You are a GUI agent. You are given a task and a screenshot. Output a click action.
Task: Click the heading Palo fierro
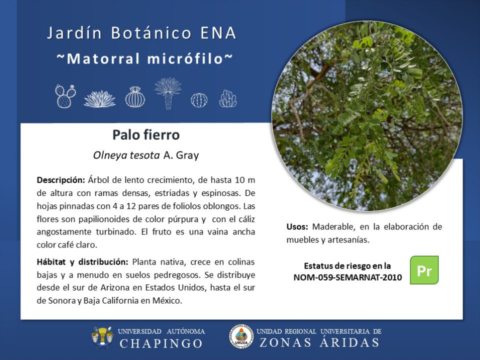146,134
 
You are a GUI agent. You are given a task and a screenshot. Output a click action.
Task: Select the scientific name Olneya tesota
126,155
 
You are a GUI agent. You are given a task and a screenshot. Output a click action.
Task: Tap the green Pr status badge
424,270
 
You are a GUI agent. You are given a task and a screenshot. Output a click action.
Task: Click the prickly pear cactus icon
65,96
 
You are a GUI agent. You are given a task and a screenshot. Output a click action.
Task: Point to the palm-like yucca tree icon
168,93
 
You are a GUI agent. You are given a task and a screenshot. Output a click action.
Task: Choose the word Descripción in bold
61,180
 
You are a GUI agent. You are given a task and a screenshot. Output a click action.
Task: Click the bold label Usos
297,227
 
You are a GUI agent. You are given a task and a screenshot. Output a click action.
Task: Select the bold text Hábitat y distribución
82,262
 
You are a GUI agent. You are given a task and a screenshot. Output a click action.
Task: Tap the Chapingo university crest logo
102,337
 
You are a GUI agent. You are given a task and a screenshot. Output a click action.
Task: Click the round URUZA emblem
241,336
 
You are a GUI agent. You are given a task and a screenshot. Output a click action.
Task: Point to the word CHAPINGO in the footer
161,343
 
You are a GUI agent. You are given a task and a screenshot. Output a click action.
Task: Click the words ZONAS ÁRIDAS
319,342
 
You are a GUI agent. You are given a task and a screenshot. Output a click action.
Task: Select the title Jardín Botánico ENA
141,33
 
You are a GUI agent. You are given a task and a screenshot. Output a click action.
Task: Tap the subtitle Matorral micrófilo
145,58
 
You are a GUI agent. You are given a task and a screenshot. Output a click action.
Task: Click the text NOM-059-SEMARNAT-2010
347,277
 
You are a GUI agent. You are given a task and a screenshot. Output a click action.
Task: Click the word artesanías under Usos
348,240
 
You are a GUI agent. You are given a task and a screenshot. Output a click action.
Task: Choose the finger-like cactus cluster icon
228,98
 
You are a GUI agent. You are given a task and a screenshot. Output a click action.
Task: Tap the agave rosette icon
100,99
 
